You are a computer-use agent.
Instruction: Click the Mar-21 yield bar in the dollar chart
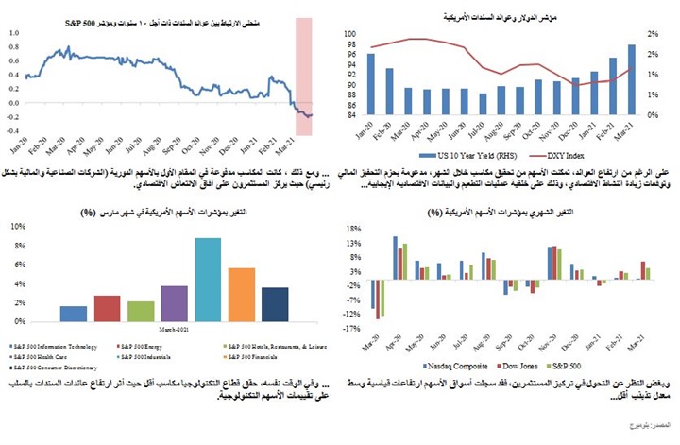632,80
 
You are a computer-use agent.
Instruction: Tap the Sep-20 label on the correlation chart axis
168,148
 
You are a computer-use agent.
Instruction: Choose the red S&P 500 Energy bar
107,309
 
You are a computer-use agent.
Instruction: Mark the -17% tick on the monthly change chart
352,328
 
